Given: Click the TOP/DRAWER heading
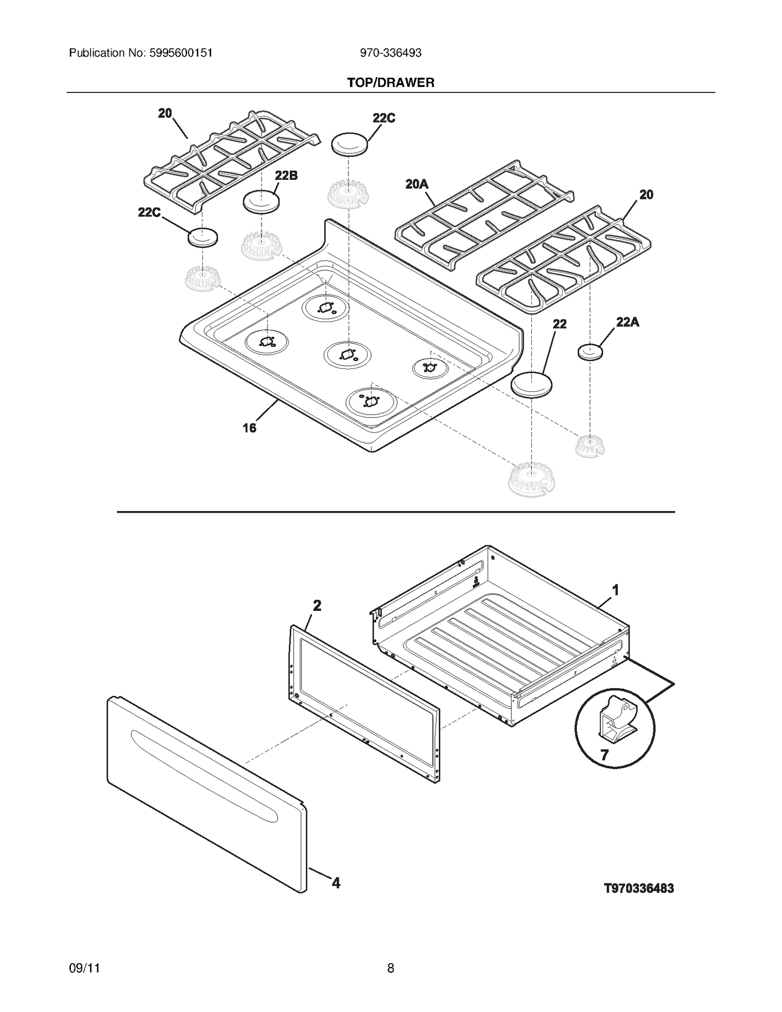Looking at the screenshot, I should tap(391, 83).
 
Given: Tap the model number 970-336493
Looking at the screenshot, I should tap(391, 53).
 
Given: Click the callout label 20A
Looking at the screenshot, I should tap(416, 184).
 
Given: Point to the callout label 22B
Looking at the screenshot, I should tap(286, 175).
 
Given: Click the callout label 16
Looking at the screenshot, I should tap(249, 428).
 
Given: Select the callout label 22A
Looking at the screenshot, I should tap(628, 322).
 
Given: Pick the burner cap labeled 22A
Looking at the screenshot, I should tap(590, 352).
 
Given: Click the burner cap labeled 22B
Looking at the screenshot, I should tap(261, 201).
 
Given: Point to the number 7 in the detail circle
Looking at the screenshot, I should tap(605, 755).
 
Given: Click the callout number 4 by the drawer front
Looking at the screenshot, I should tap(336, 883).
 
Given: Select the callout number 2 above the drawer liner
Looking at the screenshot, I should tap(317, 605).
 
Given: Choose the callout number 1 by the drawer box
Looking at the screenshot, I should tap(616, 590).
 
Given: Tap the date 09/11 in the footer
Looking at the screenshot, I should tap(85, 968).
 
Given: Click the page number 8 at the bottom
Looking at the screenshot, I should tap(391, 968).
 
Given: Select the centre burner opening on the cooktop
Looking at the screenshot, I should tap(347, 354).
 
